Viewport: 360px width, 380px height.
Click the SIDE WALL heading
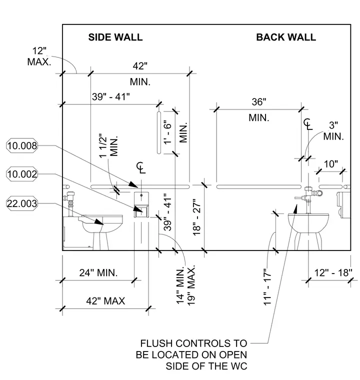coord(115,37)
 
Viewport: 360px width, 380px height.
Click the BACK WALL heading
coord(286,37)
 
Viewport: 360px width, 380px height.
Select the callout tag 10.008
coord(22,145)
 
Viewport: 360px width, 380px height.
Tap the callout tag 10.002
coord(22,174)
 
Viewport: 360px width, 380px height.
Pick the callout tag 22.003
coord(22,203)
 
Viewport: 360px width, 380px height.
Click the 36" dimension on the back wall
coord(259,102)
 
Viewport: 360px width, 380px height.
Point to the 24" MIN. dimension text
coord(98,273)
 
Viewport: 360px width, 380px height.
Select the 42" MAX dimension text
coord(105,301)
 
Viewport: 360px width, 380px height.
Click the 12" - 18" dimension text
coord(333,273)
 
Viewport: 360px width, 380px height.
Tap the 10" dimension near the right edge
coord(331,164)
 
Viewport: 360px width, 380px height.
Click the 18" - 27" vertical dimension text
coord(197,217)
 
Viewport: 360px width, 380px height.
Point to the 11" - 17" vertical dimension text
coord(267,286)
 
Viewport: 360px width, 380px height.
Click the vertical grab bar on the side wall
coord(159,132)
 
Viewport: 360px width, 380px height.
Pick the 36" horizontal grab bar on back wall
coord(259,186)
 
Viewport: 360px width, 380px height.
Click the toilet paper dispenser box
coord(141,205)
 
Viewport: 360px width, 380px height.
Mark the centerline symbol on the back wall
coord(308,124)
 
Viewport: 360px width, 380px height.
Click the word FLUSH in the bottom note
coord(156,343)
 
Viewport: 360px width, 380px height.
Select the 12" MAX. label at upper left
coord(39,56)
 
